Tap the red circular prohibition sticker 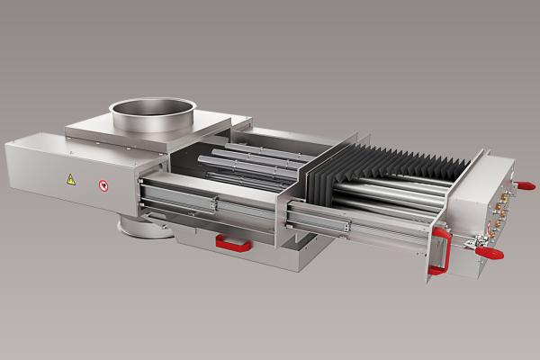[104, 185]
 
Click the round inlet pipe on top [154, 112]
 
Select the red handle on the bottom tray [234, 241]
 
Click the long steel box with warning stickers [72, 175]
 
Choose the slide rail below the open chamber [207, 202]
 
